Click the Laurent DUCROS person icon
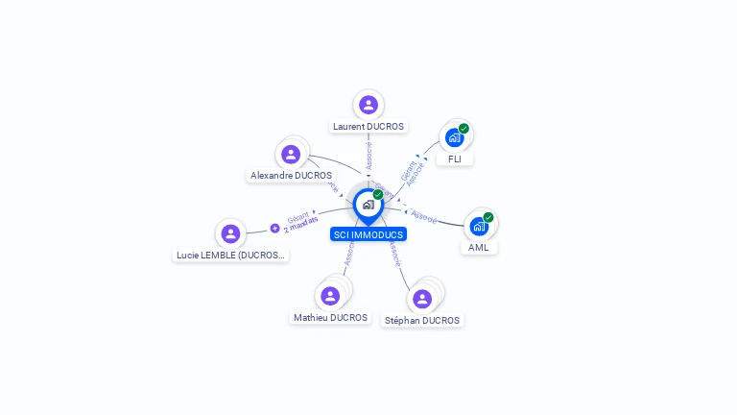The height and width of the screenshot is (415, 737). tap(368, 105)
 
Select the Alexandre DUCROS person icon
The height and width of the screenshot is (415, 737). tap(291, 154)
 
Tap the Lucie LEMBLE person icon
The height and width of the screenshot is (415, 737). tap(230, 233)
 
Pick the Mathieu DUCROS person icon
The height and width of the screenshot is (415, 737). tap(330, 296)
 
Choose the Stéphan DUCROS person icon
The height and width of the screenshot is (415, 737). tap(422, 299)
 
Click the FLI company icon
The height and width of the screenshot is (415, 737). tap(454, 137)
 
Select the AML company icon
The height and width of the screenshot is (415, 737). tap(478, 227)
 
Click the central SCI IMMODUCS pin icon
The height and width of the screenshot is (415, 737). tap(368, 205)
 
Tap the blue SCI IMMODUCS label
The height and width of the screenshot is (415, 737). tap(368, 234)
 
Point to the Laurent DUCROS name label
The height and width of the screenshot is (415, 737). tap(368, 126)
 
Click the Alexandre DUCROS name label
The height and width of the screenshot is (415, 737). tap(291, 176)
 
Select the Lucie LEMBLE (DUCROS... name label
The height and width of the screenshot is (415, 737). tap(231, 256)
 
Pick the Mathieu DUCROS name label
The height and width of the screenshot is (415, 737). tap(330, 318)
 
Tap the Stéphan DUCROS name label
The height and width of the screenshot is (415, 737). tap(422, 321)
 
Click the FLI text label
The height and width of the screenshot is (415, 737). tap(455, 159)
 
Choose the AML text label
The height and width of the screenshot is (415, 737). tap(479, 248)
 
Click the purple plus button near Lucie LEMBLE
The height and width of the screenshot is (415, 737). tap(274, 229)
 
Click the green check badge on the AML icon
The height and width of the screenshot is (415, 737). tap(488, 217)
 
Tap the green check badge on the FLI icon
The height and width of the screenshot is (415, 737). tap(464, 129)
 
